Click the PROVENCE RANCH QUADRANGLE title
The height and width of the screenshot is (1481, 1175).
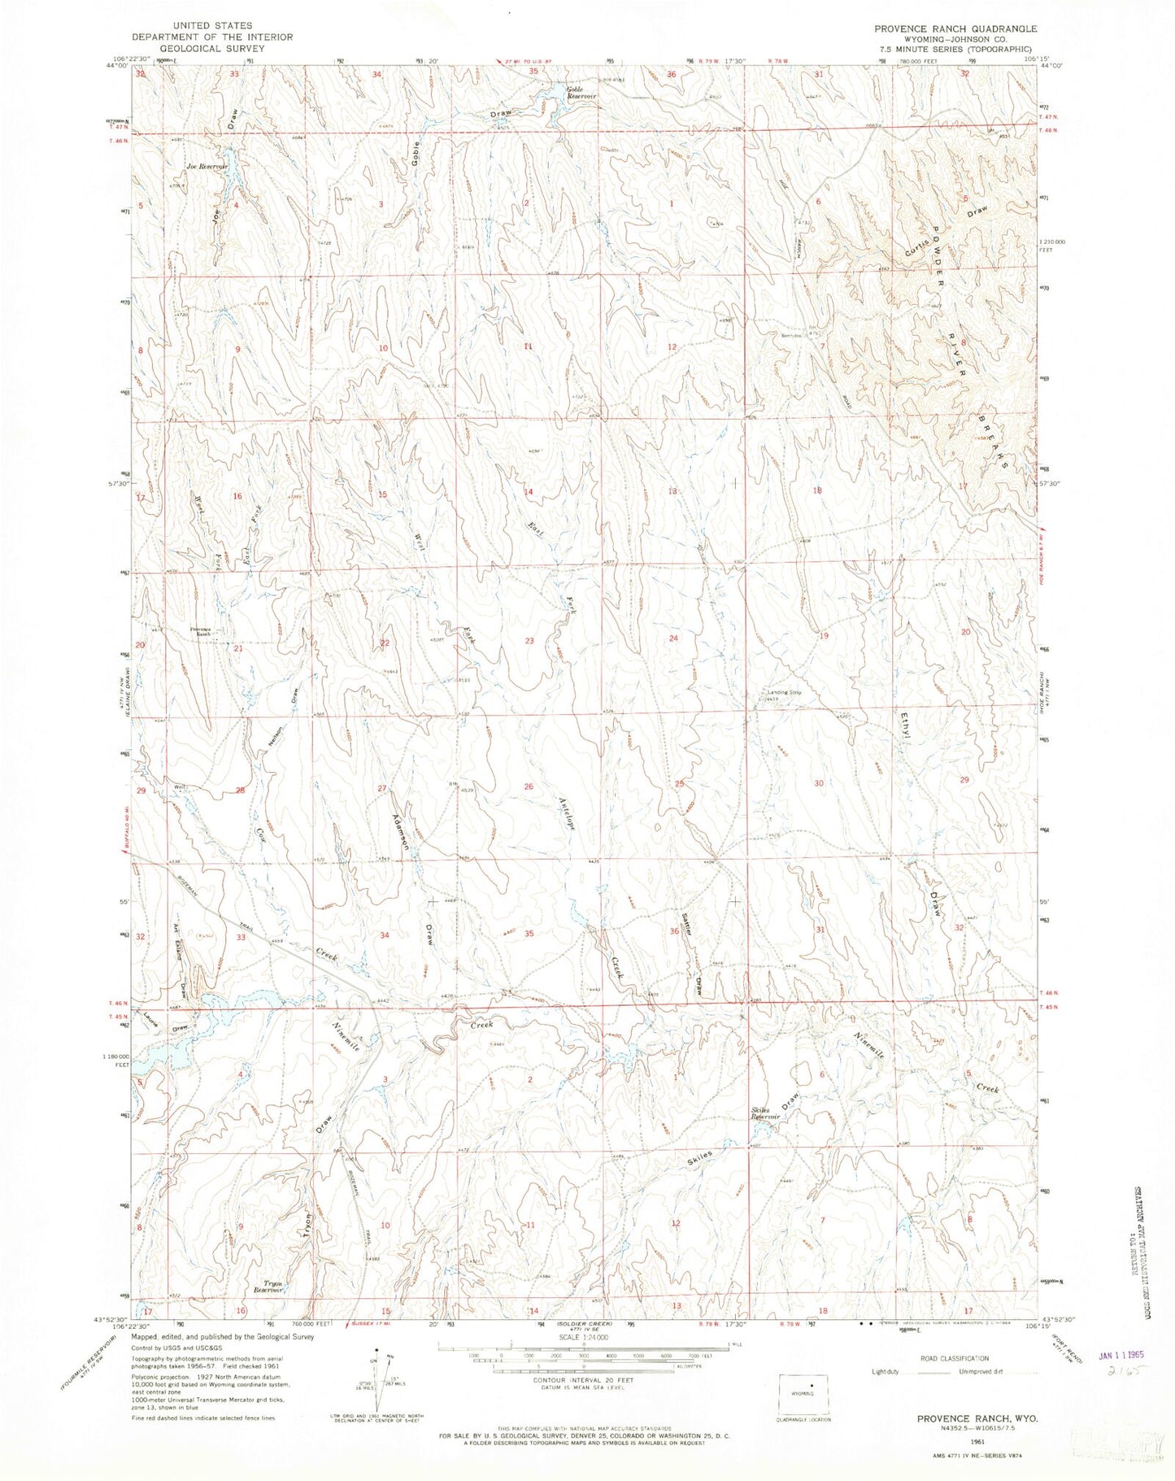[955, 28]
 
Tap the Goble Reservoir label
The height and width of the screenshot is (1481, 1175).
[582, 93]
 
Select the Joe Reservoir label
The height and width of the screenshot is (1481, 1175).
[204, 166]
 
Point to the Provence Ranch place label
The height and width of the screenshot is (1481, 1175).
[200, 631]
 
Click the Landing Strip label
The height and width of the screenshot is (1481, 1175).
[785, 693]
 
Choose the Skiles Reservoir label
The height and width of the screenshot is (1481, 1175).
[766, 1115]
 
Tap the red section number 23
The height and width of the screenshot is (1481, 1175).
[529, 641]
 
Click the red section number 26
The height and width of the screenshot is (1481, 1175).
[529, 786]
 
